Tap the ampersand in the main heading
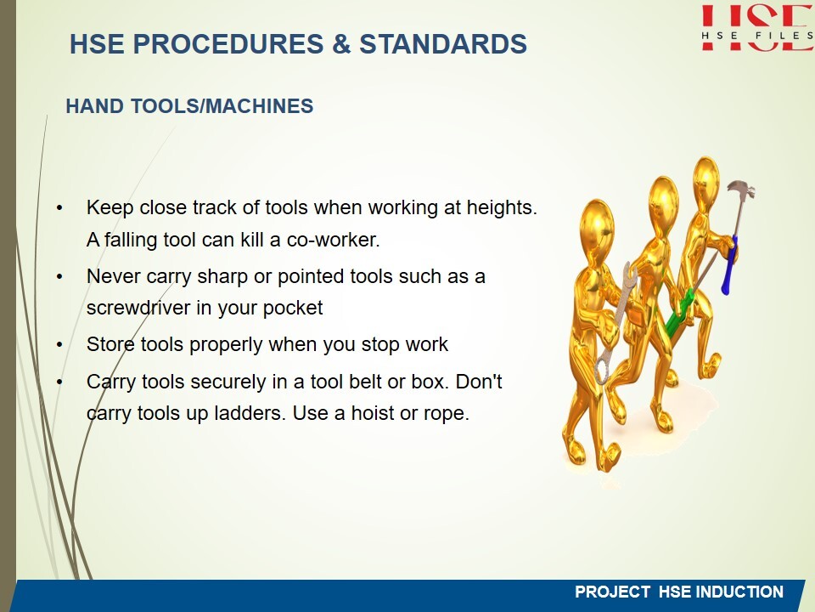coord(341,43)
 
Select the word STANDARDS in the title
coord(443,43)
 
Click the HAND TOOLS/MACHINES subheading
coord(189,106)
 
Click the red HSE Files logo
coord(757,27)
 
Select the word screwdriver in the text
coord(138,308)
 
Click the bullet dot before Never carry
coord(59,277)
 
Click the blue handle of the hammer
coord(728,265)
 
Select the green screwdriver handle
coord(678,314)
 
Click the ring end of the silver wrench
coord(603,370)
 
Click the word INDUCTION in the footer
coord(739,592)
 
